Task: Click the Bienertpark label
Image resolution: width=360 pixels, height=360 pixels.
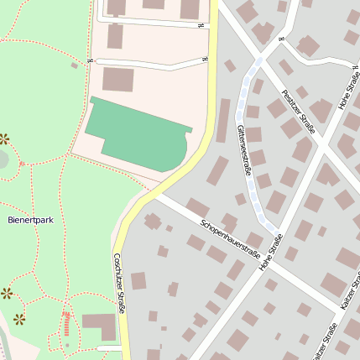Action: click(30, 220)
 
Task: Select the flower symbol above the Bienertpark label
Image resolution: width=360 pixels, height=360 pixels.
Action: click(5, 138)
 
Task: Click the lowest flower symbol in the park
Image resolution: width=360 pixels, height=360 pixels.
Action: click(18, 319)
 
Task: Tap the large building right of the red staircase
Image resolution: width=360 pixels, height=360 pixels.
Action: click(99, 326)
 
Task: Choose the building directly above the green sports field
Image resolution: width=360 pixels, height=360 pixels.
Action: click(117, 81)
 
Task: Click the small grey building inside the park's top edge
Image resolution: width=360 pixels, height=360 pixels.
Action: click(75, 65)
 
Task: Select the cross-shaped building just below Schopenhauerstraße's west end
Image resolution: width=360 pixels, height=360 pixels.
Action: click(153, 222)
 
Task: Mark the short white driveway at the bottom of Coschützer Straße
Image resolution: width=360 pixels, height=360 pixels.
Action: click(108, 347)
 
